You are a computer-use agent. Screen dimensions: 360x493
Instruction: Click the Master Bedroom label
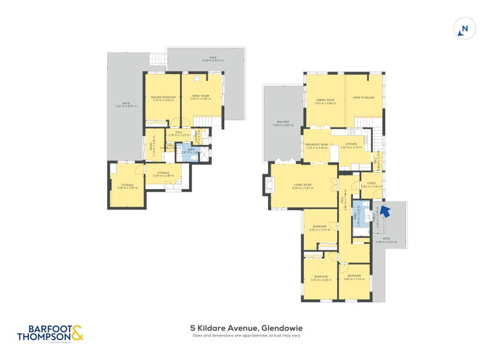pyautogui.click(x=164, y=98)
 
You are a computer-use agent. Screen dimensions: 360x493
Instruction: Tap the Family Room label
pyautogui.click(x=200, y=98)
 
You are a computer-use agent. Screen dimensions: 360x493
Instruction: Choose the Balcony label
pyautogui.click(x=283, y=123)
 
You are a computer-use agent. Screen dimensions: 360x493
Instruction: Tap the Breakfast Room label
pyautogui.click(x=317, y=145)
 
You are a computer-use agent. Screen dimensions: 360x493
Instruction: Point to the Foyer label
pyautogui.click(x=372, y=184)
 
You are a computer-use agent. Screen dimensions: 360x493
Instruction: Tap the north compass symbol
pyautogui.click(x=465, y=29)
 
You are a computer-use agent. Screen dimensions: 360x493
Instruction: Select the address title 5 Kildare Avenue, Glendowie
pyautogui.click(x=246, y=328)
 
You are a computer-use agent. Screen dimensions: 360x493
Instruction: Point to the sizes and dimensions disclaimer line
pyautogui.click(x=246, y=336)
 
